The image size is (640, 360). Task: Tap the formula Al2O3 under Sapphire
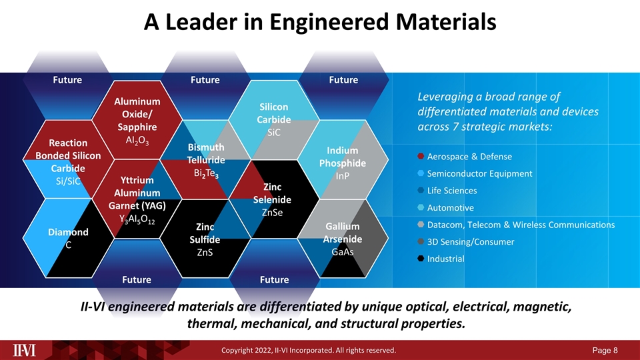[137, 141]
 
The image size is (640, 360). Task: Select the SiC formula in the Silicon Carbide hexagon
[274, 133]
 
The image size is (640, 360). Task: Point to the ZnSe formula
[272, 213]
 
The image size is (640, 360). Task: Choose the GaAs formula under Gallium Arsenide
[342, 252]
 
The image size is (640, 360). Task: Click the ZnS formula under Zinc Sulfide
[205, 253]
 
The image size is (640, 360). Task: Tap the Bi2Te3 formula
[203, 174]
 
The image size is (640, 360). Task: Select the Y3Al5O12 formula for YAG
[137, 219]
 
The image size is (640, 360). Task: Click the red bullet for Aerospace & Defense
[421, 157]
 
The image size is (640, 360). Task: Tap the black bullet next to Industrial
[421, 258]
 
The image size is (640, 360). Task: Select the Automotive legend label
[450, 207]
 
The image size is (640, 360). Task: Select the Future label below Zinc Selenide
[274, 279]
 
